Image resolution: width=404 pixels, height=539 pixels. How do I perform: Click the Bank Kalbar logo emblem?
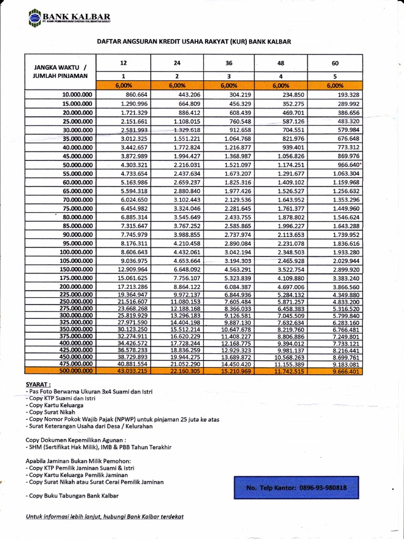point(34,18)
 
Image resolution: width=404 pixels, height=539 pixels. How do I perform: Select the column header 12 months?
point(125,63)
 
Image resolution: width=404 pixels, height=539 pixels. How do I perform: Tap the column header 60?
point(335,63)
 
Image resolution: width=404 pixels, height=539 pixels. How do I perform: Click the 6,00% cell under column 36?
point(229,85)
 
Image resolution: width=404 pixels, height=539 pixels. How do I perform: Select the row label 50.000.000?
point(77,165)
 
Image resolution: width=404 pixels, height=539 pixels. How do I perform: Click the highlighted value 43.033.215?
point(131,371)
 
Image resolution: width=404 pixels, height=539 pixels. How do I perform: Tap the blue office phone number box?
point(296,488)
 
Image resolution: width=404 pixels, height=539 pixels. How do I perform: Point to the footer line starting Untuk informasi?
point(105,516)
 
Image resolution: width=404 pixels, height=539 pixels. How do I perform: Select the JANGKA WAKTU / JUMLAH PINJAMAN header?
point(61,71)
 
